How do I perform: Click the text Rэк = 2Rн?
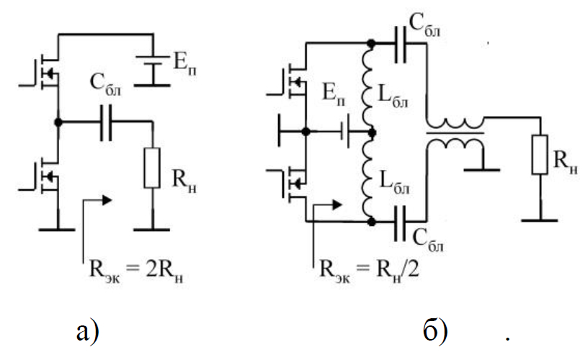[x=133, y=275]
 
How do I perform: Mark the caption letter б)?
[x=435, y=331]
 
